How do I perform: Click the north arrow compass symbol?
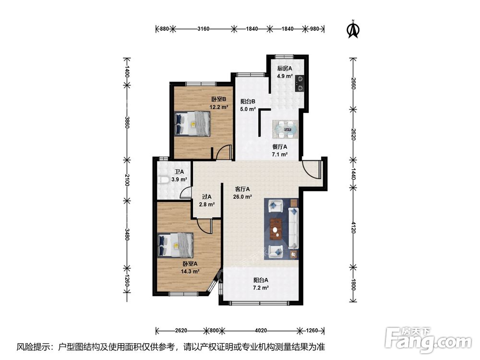353,29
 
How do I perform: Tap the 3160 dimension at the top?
203,29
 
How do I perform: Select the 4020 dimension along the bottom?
261,330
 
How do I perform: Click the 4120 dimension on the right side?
353,228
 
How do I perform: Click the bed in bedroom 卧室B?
192,123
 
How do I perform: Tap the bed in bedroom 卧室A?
175,245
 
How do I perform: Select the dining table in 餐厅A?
285,130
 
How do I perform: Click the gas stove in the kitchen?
300,84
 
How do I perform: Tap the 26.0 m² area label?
242,197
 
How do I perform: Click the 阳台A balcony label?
261,280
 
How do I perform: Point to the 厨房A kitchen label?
285,68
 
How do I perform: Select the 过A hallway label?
206,196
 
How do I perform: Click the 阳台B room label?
248,101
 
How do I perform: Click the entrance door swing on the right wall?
311,169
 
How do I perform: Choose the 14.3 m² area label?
190,271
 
